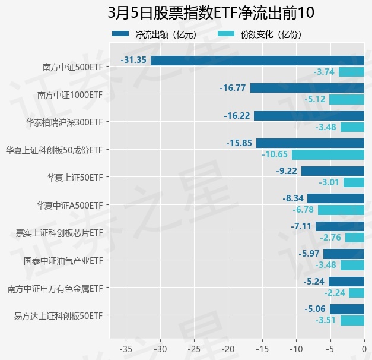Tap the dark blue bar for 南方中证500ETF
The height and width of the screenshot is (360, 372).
pyautogui.click(x=257, y=61)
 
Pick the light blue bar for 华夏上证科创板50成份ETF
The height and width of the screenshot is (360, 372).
pyautogui.click(x=328, y=154)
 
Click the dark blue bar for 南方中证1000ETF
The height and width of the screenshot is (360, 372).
pyautogui.click(x=307, y=88)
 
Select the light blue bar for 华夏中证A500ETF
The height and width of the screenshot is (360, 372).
pyautogui.click(x=341, y=210)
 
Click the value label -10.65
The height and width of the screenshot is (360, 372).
pyautogui.click(x=275, y=154)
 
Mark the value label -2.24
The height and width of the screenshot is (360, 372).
pyautogui.click(x=335, y=292)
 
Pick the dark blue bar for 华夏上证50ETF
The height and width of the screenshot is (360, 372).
pyautogui.click(x=332, y=171)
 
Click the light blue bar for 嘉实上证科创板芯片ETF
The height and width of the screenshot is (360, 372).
pyautogui.click(x=354, y=238)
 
